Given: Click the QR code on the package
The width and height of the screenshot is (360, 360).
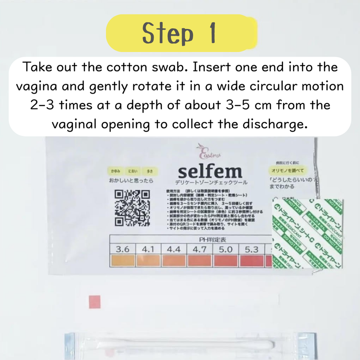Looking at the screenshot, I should (132, 207).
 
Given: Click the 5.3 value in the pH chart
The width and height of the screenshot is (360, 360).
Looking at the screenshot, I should (254, 248).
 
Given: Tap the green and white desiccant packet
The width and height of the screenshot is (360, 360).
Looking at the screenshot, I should (308, 234).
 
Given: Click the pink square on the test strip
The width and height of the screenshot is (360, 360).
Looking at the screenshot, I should (94, 301).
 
